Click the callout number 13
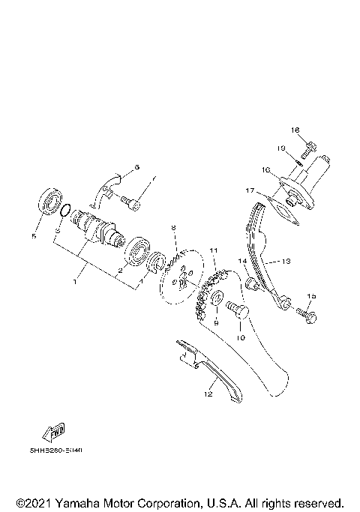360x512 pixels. pos(285,262)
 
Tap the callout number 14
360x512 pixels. pos(242,261)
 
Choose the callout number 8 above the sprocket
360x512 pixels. pos(173,227)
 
